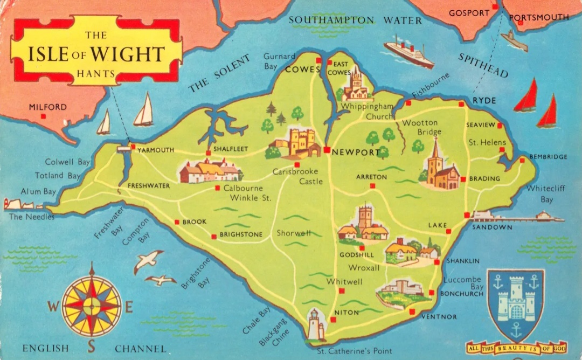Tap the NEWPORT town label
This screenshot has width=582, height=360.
click(356, 153)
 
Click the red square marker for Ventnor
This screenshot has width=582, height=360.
click(412, 311)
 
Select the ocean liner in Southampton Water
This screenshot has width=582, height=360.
click(408, 53)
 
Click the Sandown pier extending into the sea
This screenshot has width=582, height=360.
click(517, 218)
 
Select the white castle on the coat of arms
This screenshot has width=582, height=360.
click(515, 299)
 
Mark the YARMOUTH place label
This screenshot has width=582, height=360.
click(156, 150)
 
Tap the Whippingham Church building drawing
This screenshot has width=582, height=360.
click(356, 86)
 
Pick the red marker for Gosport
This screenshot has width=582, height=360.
click(495, 6)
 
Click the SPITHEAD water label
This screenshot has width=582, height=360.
click(483, 65)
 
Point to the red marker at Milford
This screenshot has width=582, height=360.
click(45, 116)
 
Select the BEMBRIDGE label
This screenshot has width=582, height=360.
click(548, 157)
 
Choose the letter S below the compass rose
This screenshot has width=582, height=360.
click(91, 345)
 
